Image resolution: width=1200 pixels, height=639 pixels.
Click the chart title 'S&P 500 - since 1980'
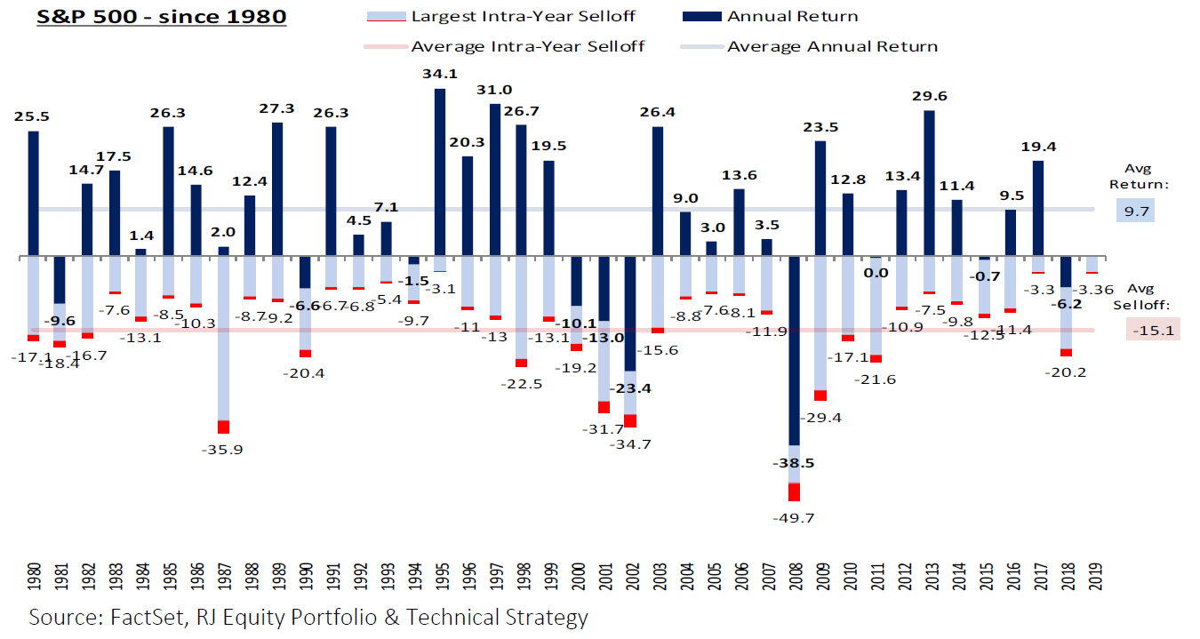[162, 16]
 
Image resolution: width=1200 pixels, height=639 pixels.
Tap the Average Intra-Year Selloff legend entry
[528, 46]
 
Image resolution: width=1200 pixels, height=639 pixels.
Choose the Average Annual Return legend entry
[832, 46]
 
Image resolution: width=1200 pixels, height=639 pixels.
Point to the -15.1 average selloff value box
[1152, 331]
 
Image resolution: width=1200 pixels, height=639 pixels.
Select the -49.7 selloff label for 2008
[793, 517]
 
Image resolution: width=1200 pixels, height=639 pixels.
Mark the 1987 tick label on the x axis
[223, 579]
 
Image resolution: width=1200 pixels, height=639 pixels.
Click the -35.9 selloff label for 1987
[223, 450]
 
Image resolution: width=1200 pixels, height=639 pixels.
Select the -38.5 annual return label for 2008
[793, 463]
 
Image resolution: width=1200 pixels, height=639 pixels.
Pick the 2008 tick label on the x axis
[793, 579]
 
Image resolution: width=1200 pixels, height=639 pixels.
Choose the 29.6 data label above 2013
[929, 97]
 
